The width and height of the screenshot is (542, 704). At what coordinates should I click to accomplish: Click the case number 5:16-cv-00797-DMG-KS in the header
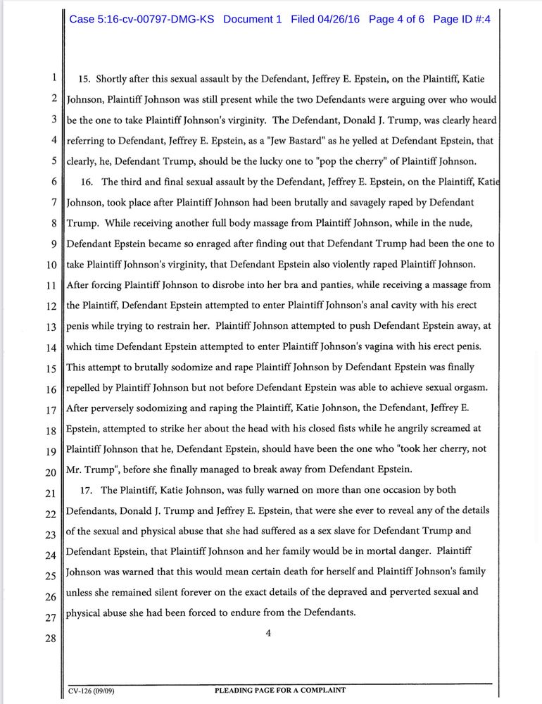click(142, 19)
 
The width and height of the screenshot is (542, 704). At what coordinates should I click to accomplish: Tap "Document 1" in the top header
click(252, 19)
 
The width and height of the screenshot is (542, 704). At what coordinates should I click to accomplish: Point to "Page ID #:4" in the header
click(461, 19)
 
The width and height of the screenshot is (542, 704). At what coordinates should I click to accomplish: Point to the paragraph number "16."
click(88, 182)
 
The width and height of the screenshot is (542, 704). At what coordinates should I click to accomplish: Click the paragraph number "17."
click(88, 490)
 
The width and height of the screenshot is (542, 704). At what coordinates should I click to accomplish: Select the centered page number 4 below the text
click(268, 633)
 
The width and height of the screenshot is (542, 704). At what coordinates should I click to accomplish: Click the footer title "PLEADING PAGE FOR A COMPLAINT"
click(279, 691)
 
